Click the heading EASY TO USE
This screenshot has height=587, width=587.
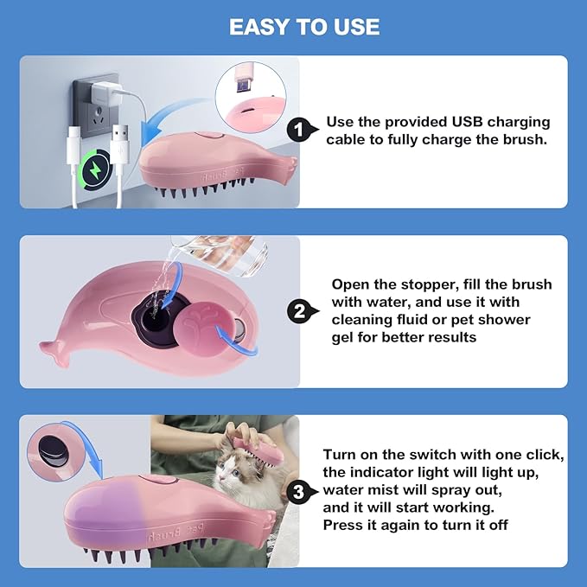click(x=304, y=27)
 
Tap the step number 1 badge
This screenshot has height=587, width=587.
click(x=299, y=131)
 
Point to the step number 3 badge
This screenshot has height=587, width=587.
click(x=299, y=493)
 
